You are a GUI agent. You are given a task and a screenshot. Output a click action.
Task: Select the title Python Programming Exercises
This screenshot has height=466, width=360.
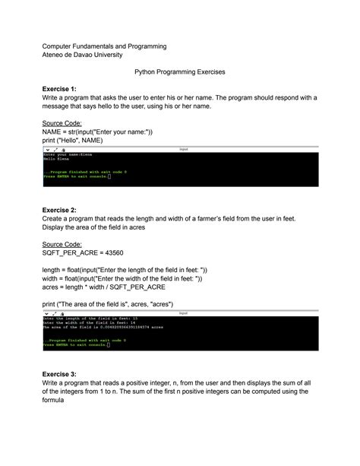(179, 72)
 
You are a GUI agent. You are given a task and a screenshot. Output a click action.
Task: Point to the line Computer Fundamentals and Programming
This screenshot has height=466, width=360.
(103, 46)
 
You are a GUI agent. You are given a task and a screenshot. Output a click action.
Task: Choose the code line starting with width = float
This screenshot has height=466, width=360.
(122, 279)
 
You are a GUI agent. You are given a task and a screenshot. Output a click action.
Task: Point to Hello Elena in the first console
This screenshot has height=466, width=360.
(57, 158)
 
